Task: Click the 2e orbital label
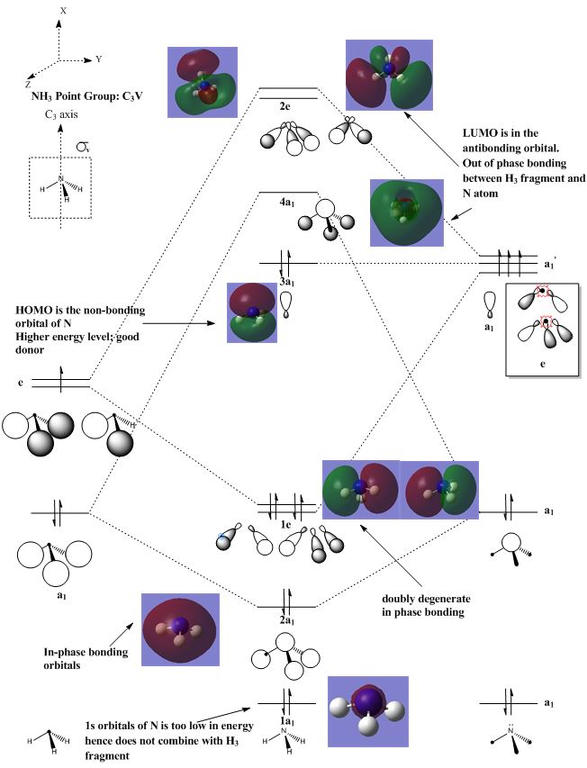[x=284, y=106]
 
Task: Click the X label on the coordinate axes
[x=63, y=10]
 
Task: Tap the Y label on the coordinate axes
[x=99, y=59]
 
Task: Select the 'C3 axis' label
[x=65, y=116]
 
